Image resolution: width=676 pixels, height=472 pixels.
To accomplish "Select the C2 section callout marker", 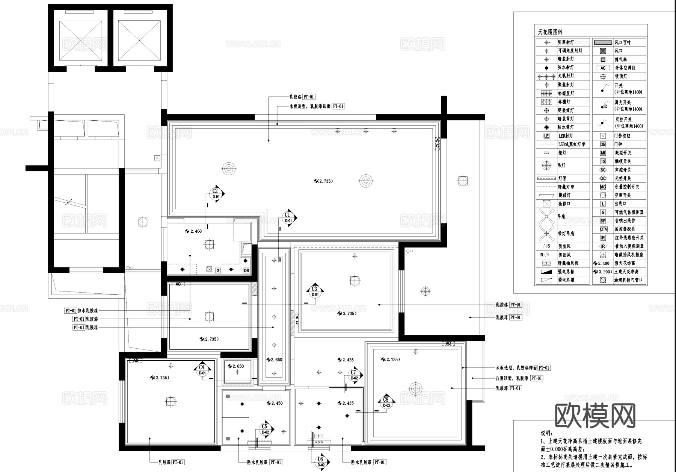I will point(216,194).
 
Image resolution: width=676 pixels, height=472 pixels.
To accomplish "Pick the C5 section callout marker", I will point(265,429).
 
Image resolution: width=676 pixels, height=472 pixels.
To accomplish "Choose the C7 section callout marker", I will point(354,375).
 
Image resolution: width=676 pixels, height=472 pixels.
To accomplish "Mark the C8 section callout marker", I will point(386,402).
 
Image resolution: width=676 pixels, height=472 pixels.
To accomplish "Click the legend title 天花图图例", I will point(550,32).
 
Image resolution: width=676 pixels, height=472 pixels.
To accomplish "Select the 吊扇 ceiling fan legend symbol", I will point(546,217).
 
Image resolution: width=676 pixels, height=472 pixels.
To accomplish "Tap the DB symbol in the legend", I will point(603,144).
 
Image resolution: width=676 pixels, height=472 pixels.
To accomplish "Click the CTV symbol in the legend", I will point(603,229).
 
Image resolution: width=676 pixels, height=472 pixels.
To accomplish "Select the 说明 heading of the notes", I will point(546,433).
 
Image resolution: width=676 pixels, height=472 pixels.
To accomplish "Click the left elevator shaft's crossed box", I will point(81,40).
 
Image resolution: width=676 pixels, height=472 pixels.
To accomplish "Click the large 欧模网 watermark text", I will point(595,416).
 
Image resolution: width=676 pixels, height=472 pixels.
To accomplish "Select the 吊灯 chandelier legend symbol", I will point(546,165).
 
